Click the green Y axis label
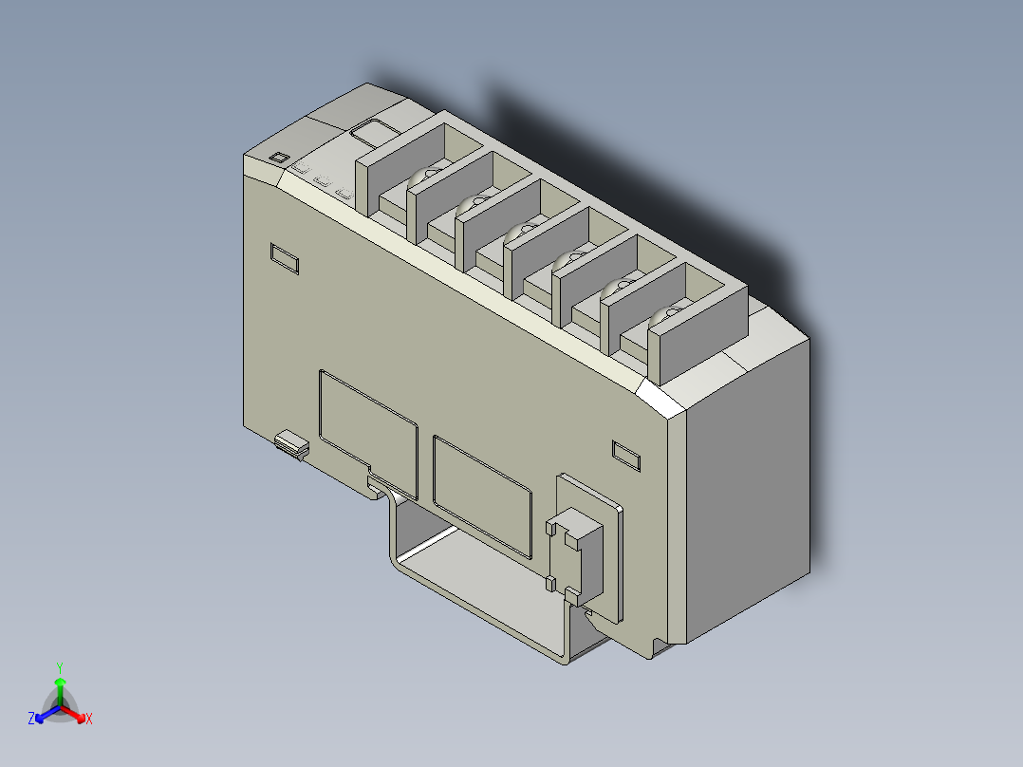point(59,667)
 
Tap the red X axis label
point(88,720)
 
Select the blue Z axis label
point(31,720)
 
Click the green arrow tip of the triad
point(60,682)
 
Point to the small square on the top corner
point(279,158)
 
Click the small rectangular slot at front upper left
point(285,257)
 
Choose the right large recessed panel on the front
point(481,494)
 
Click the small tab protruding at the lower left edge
point(292,442)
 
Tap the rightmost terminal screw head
point(670,314)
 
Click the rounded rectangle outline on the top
point(373,131)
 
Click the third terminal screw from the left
point(522,231)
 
